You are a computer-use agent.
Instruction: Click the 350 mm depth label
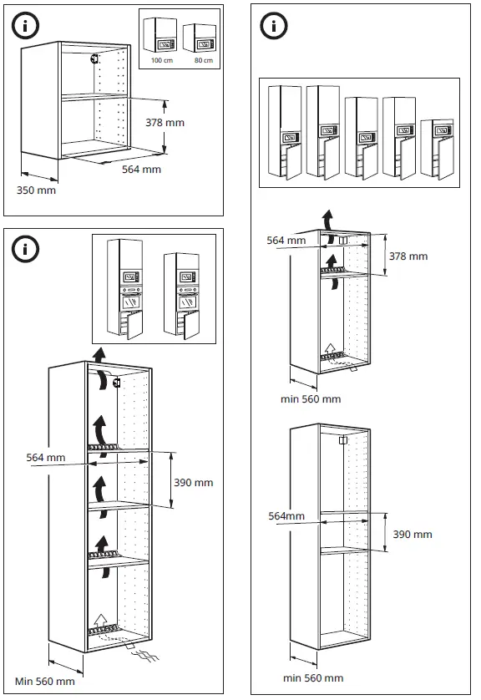pos(36,190)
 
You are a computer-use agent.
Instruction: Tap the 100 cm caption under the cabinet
pos(161,60)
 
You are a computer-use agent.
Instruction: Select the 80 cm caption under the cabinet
pos(204,60)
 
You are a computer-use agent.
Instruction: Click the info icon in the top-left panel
pos(25,26)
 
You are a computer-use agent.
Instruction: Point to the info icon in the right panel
pos(274,26)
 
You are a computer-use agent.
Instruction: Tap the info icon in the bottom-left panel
pos(25,249)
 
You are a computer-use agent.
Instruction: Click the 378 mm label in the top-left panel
pos(165,123)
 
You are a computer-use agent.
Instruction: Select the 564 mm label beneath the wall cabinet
pos(141,170)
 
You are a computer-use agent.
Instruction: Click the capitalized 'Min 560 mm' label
pos(44,682)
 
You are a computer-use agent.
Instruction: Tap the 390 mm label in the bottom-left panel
pos(193,483)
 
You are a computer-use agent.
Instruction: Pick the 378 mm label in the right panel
pos(408,256)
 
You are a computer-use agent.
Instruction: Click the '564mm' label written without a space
pos(286,516)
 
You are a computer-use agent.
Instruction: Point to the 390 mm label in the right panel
pos(413,535)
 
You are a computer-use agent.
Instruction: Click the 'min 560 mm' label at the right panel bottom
pos(313,678)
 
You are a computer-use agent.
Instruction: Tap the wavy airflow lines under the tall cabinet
pos(145,656)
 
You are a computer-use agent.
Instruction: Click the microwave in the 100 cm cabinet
pos(165,44)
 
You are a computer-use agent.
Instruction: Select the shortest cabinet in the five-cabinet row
pos(437,150)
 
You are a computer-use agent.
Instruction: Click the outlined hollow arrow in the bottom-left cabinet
pos(101,621)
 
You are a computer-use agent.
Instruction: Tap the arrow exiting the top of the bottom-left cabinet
pos(100,356)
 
